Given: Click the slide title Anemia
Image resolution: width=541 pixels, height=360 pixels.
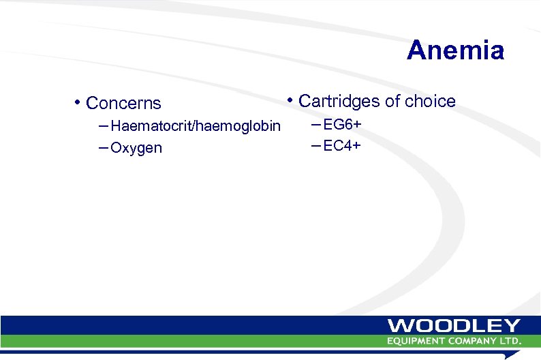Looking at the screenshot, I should [x=455, y=50].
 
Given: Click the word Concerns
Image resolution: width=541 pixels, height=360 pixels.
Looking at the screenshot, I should [x=123, y=104].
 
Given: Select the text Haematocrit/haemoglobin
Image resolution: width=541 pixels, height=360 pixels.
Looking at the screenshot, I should [x=195, y=126].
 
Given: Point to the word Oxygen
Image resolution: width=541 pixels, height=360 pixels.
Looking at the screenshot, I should [x=136, y=148].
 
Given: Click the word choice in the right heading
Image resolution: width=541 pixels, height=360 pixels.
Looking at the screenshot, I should [x=430, y=101].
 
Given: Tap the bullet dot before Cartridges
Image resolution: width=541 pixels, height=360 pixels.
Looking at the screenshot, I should [x=290, y=101].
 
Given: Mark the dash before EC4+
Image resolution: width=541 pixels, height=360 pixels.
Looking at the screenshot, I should [x=315, y=145].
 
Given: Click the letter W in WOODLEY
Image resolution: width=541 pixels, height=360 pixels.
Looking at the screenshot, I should [x=400, y=326].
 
